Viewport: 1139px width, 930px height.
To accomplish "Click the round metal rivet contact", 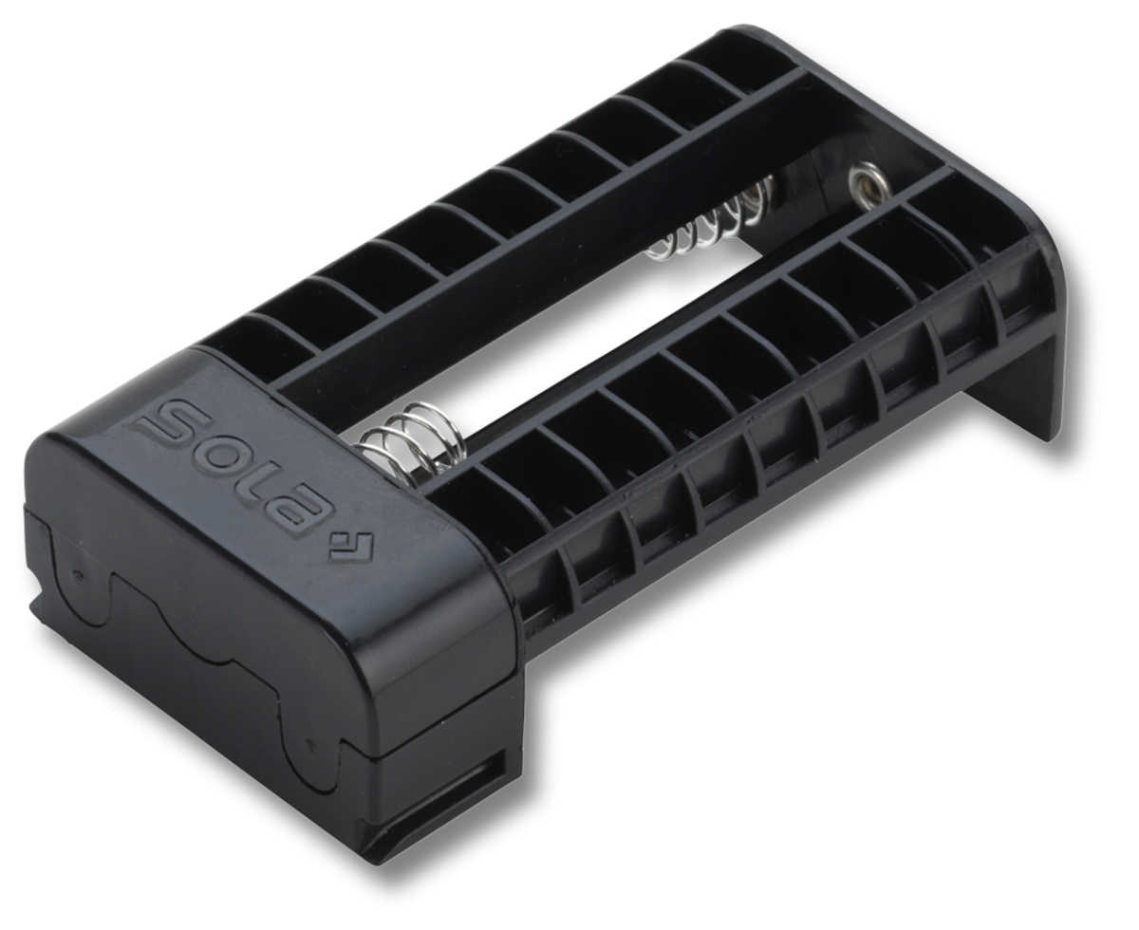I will coord(865,180).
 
